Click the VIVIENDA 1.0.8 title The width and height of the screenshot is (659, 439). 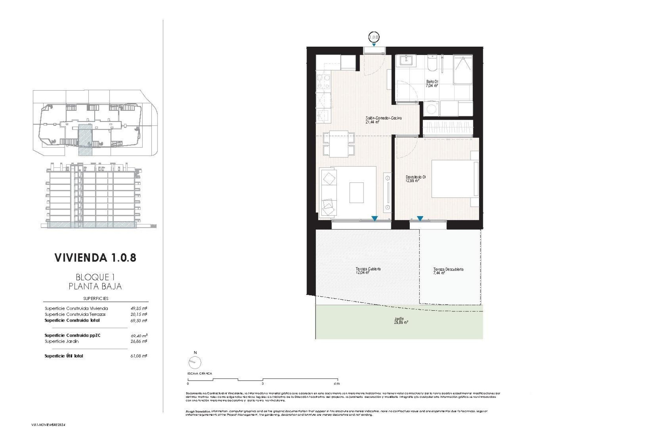(x=95, y=258)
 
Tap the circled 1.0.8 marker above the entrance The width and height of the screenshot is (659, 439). (x=374, y=37)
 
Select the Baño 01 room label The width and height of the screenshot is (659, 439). (x=432, y=84)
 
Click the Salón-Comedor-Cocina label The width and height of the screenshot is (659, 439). (x=383, y=120)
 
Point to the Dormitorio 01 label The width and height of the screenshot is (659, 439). (x=416, y=179)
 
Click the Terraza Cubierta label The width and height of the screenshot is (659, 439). (x=368, y=271)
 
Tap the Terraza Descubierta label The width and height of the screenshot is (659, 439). (x=448, y=271)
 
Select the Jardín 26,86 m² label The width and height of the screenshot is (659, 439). (x=401, y=321)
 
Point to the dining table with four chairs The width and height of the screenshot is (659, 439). (x=339, y=144)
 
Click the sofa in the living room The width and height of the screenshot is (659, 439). (x=329, y=192)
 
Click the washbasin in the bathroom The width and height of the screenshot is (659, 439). (x=407, y=61)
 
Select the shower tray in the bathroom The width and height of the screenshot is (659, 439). (x=463, y=69)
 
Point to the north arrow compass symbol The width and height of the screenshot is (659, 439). (x=195, y=362)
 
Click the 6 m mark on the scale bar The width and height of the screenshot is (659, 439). (x=336, y=383)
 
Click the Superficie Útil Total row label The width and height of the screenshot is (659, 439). (x=64, y=356)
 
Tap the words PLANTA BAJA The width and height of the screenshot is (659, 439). (x=95, y=286)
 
